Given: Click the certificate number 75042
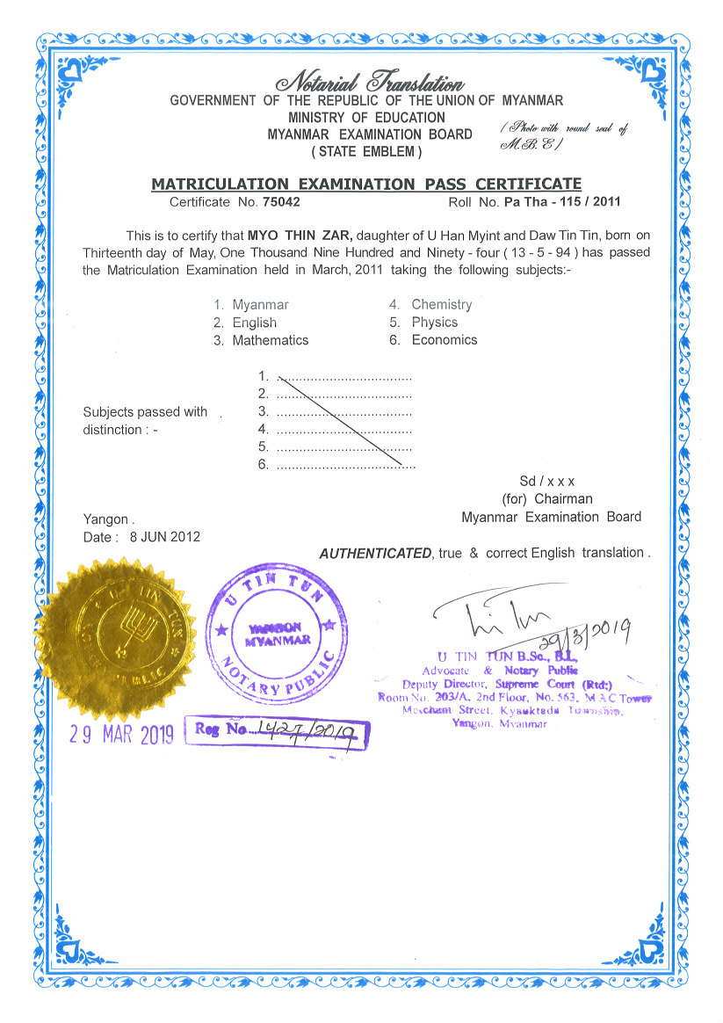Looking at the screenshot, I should point(281,201).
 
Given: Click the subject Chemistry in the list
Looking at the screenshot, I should point(441,304).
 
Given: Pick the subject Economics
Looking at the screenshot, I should point(444,339).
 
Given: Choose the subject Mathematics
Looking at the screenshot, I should point(270,340).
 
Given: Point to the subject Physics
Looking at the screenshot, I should point(434,322).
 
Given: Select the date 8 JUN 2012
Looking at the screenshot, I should point(164,537).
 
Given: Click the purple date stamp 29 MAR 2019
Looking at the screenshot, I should point(122,735).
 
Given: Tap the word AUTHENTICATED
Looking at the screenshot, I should point(375,554).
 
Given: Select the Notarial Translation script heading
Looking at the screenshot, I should point(370,83).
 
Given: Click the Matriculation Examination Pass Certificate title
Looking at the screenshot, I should point(366,184).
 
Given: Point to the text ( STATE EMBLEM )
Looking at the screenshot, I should point(367,151).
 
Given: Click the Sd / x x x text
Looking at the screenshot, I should point(546,482).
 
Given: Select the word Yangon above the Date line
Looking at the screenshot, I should point(105,519).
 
